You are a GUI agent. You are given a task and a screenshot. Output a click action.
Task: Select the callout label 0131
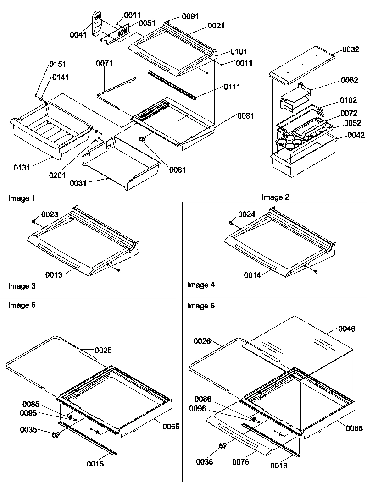[22, 168]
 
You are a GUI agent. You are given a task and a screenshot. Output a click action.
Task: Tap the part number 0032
[350, 50]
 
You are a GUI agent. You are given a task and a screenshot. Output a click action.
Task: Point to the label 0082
[350, 81]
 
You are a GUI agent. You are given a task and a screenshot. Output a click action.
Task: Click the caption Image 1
[22, 198]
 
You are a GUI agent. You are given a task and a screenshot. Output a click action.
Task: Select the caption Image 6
[200, 306]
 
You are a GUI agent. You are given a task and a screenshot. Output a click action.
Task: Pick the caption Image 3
[22, 286]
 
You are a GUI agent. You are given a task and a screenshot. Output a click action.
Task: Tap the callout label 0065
[170, 426]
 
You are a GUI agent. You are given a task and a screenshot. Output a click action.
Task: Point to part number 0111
[232, 87]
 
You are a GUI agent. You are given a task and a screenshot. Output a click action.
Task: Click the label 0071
[104, 64]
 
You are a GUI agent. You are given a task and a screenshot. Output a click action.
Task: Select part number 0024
[246, 214]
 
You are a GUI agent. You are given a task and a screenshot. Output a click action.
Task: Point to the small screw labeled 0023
[34, 222]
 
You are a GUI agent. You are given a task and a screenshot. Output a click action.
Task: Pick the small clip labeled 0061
[144, 139]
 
